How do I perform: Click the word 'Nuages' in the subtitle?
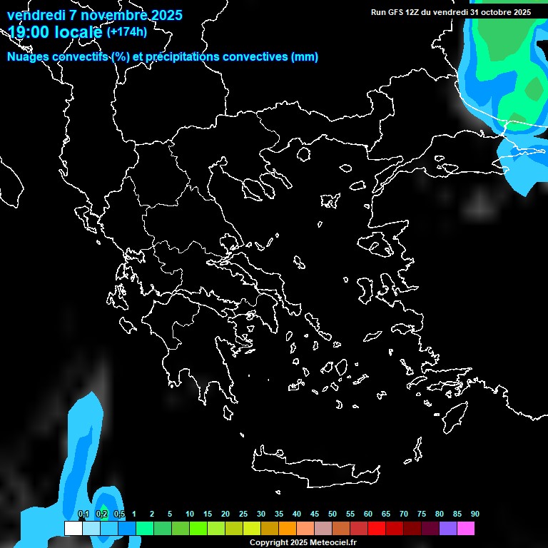click(28, 57)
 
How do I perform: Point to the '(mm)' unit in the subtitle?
click(305, 57)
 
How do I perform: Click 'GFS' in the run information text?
click(394, 12)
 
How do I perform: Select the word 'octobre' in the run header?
click(497, 12)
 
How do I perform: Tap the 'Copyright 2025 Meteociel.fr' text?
click(303, 542)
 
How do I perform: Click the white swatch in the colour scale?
click(73, 529)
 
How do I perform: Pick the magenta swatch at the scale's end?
click(465, 529)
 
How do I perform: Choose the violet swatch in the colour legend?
click(447, 529)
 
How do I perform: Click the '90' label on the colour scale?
click(475, 514)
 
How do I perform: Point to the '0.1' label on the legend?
click(83, 514)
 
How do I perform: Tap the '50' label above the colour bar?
click(332, 514)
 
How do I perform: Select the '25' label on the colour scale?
click(243, 514)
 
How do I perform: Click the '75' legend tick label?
click(421, 514)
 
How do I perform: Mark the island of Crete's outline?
click(314, 467)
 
